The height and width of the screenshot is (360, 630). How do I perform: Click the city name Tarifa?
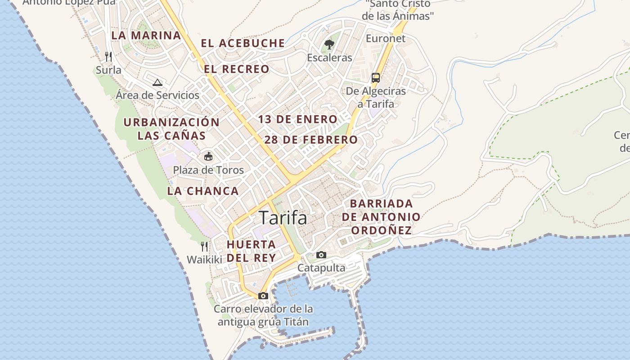pyautogui.click(x=283, y=218)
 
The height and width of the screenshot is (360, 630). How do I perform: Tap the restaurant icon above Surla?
pyautogui.click(x=108, y=57)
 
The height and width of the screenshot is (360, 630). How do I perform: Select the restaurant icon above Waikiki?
pyautogui.click(x=204, y=246)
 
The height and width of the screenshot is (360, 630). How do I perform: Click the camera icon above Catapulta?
pyautogui.click(x=321, y=255)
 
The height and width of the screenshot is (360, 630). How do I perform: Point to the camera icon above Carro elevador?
pyautogui.click(x=263, y=296)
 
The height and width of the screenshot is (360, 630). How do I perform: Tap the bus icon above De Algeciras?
pyautogui.click(x=376, y=77)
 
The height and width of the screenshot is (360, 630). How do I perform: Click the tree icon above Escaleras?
pyautogui.click(x=329, y=44)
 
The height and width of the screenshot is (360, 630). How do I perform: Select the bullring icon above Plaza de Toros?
pyautogui.click(x=208, y=157)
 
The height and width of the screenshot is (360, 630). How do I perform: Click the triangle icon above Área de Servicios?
pyautogui.click(x=157, y=82)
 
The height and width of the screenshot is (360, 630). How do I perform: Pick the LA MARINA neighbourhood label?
pyautogui.click(x=146, y=35)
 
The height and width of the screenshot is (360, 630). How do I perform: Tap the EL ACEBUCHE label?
pyautogui.click(x=243, y=43)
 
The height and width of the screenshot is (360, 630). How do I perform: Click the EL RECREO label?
pyautogui.click(x=237, y=69)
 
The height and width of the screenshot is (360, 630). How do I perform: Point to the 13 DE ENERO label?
pyautogui.click(x=297, y=119)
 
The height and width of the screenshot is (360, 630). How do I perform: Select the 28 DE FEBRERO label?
pyautogui.click(x=310, y=139)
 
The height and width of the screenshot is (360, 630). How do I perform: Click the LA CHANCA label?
pyautogui.click(x=203, y=191)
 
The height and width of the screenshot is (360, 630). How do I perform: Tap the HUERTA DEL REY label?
pyautogui.click(x=251, y=251)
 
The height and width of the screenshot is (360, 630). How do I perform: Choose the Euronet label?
pyautogui.click(x=385, y=38)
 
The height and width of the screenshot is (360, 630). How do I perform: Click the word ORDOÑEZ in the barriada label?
pyautogui.click(x=381, y=230)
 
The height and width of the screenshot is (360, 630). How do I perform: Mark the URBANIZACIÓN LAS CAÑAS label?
pyautogui.click(x=171, y=129)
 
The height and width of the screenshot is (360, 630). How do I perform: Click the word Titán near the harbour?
pyautogui.click(x=296, y=322)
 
